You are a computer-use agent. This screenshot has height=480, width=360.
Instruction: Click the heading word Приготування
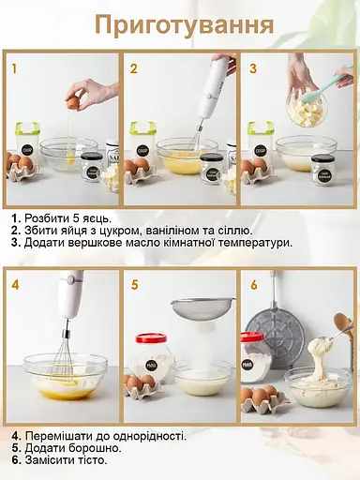pyautogui.click(x=184, y=24)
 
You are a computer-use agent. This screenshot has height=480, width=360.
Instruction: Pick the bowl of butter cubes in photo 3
pyautogui.click(x=307, y=112)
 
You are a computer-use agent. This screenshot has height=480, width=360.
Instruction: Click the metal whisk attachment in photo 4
pyautogui.click(x=67, y=353)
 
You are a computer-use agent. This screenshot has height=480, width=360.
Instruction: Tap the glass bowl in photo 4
pyautogui.click(x=65, y=375)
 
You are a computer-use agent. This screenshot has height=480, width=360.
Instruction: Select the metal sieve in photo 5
pyautogui.click(x=202, y=308)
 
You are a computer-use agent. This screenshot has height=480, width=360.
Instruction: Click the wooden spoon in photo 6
pyautogui.click(x=338, y=327)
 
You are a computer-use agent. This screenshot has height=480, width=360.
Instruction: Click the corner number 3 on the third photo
pyautogui.click(x=252, y=68)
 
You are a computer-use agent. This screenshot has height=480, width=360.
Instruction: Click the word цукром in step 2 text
pyautogui.click(x=102, y=230)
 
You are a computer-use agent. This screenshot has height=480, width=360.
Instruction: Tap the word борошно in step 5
pyautogui.click(x=81, y=448)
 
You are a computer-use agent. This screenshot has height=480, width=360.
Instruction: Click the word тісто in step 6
pyautogui.click(x=91, y=460)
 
